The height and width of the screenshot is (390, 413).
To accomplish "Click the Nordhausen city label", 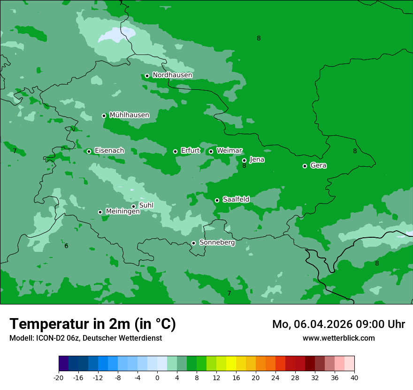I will (172, 75).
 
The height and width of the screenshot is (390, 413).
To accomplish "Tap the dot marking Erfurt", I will (175, 151).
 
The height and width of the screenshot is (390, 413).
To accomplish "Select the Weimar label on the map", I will (229, 150).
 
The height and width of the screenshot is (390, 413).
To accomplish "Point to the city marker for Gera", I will (305, 166).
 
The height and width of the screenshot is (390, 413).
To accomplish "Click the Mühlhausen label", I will (129, 115).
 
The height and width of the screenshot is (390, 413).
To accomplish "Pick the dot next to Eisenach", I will (89, 151).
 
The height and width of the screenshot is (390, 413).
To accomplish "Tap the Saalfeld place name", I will (236, 199).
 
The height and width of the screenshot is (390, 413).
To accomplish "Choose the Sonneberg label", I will (217, 242).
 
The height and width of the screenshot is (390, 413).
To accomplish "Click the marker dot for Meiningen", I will (100, 212).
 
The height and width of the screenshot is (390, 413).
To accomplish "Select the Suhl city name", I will (146, 205).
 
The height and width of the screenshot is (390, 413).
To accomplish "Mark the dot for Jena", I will (244, 160).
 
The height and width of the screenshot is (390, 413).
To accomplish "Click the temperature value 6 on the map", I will (66, 246).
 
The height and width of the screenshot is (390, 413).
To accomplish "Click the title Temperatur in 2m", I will (92, 324).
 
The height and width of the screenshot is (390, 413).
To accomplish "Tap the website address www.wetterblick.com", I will (338, 338).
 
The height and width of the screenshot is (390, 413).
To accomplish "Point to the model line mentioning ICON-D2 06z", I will (85, 338).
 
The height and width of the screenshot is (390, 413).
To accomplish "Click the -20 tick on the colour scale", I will (58, 377).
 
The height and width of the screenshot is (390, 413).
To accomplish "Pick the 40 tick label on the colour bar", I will (354, 377).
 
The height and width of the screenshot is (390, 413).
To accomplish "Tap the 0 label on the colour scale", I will (157, 377).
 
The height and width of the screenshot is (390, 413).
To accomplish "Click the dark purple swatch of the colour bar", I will (63, 364).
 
